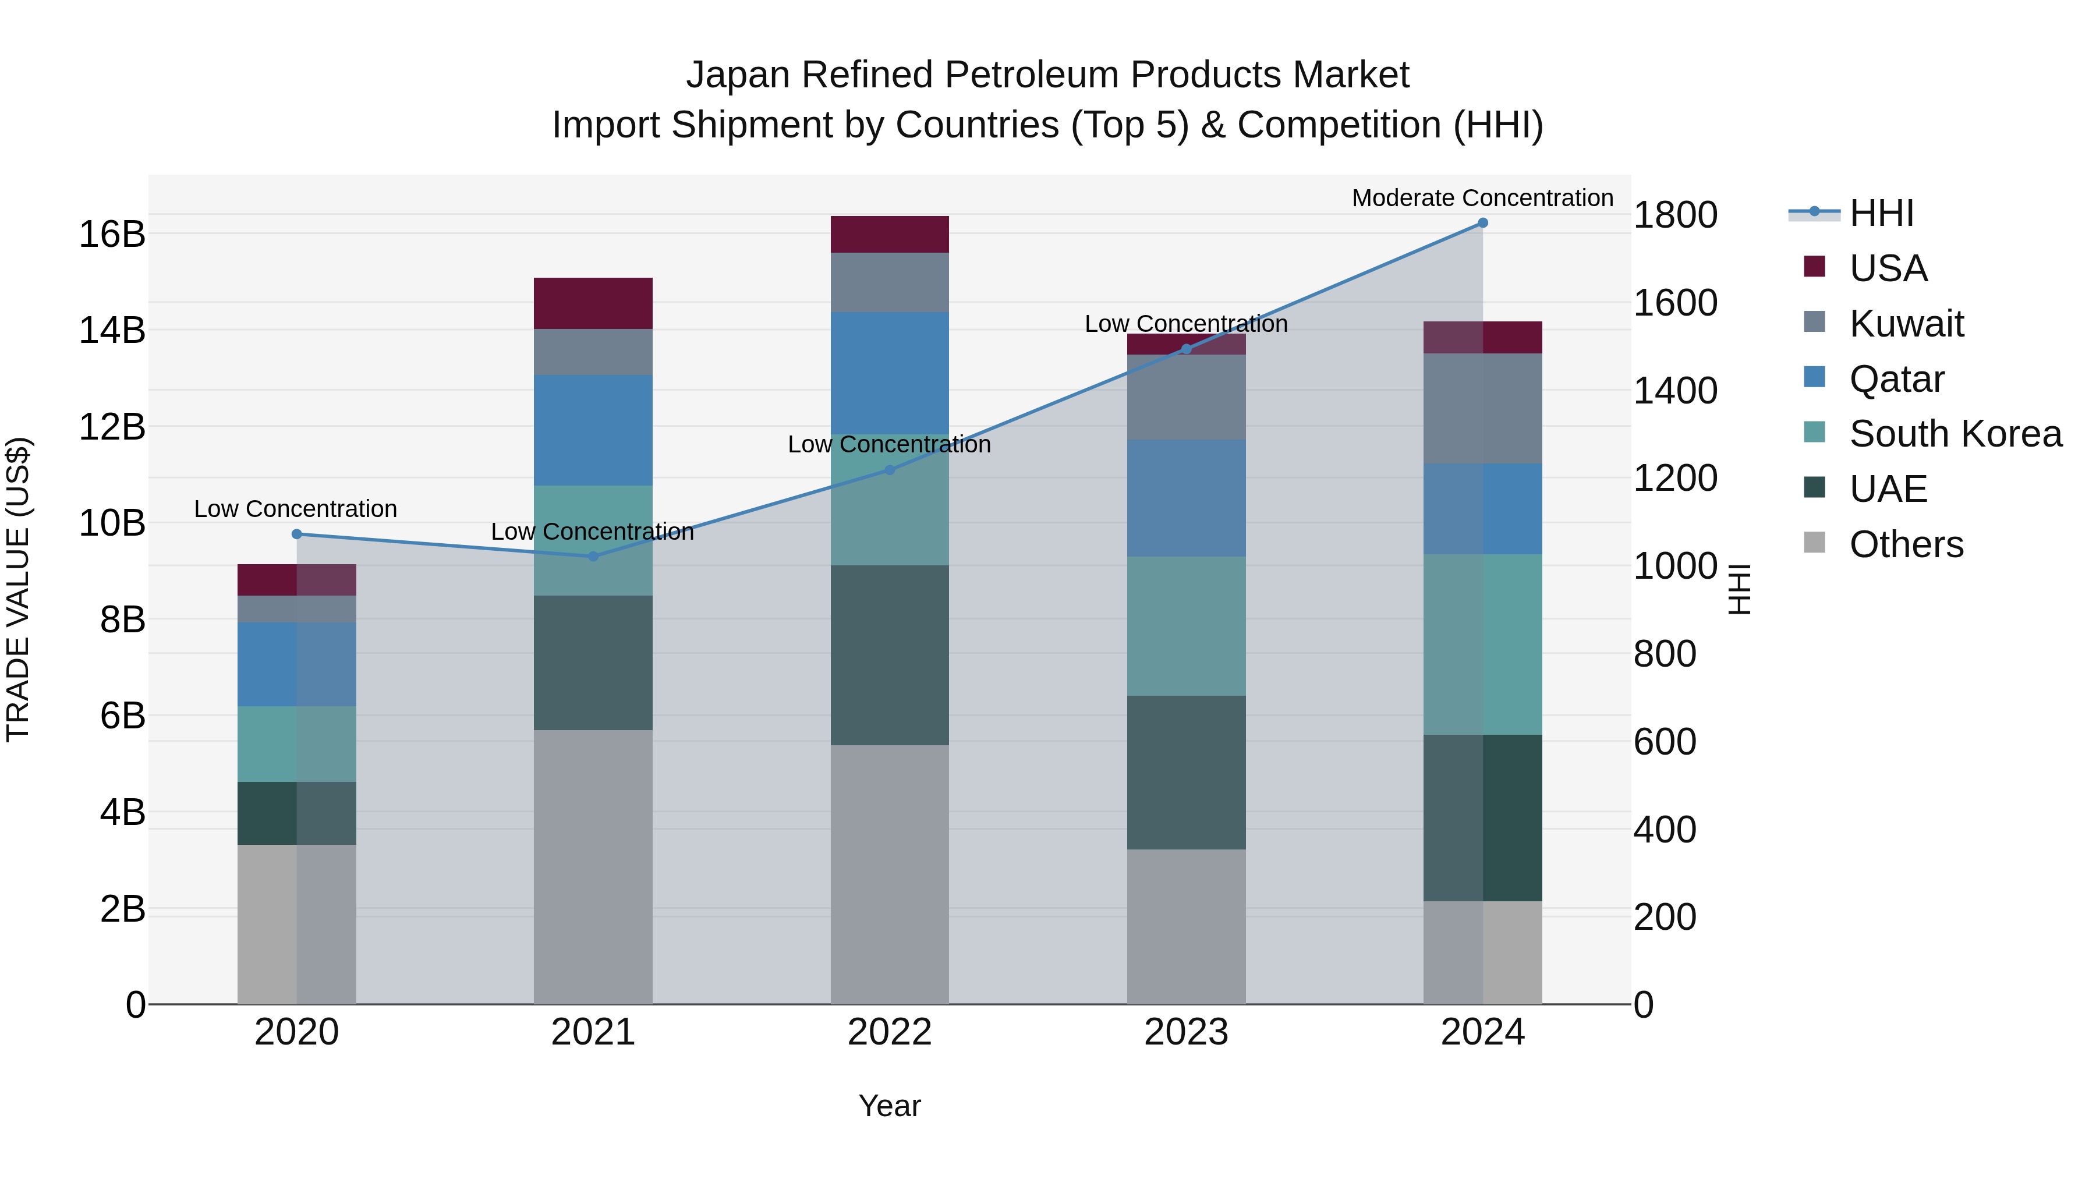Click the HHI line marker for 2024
tap(1482, 223)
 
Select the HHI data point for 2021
tap(593, 557)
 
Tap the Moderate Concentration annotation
tap(1482, 198)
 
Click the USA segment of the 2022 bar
tap(889, 234)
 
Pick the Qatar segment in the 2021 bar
tap(593, 430)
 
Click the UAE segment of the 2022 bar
tap(889, 655)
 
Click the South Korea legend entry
tap(1955, 434)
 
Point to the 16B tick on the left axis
tap(111, 234)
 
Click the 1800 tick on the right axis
tap(1675, 215)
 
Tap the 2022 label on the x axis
tap(889, 1032)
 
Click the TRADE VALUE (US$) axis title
tap(18, 589)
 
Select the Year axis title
tap(889, 1106)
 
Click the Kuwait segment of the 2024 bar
tap(1482, 409)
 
